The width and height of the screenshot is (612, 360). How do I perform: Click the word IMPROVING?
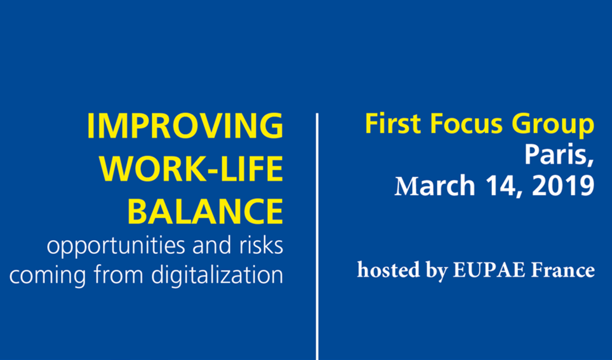pyautogui.click(x=185, y=126)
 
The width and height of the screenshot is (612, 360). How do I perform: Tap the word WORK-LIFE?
pyautogui.click(x=191, y=169)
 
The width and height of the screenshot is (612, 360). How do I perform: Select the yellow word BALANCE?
pyautogui.click(x=205, y=211)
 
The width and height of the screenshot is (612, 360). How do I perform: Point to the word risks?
pyautogui.click(x=261, y=245)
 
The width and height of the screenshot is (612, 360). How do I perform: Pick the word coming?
pyautogui.click(x=48, y=276)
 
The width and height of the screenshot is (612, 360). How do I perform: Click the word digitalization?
pyautogui.click(x=217, y=275)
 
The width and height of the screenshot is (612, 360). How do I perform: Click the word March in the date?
pyautogui.click(x=435, y=186)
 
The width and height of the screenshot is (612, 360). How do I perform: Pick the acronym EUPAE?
pyautogui.click(x=489, y=270)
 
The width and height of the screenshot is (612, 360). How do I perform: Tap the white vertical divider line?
pyautogui.click(x=317, y=237)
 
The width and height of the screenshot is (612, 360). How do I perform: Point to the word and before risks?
pyautogui.click(x=212, y=245)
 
